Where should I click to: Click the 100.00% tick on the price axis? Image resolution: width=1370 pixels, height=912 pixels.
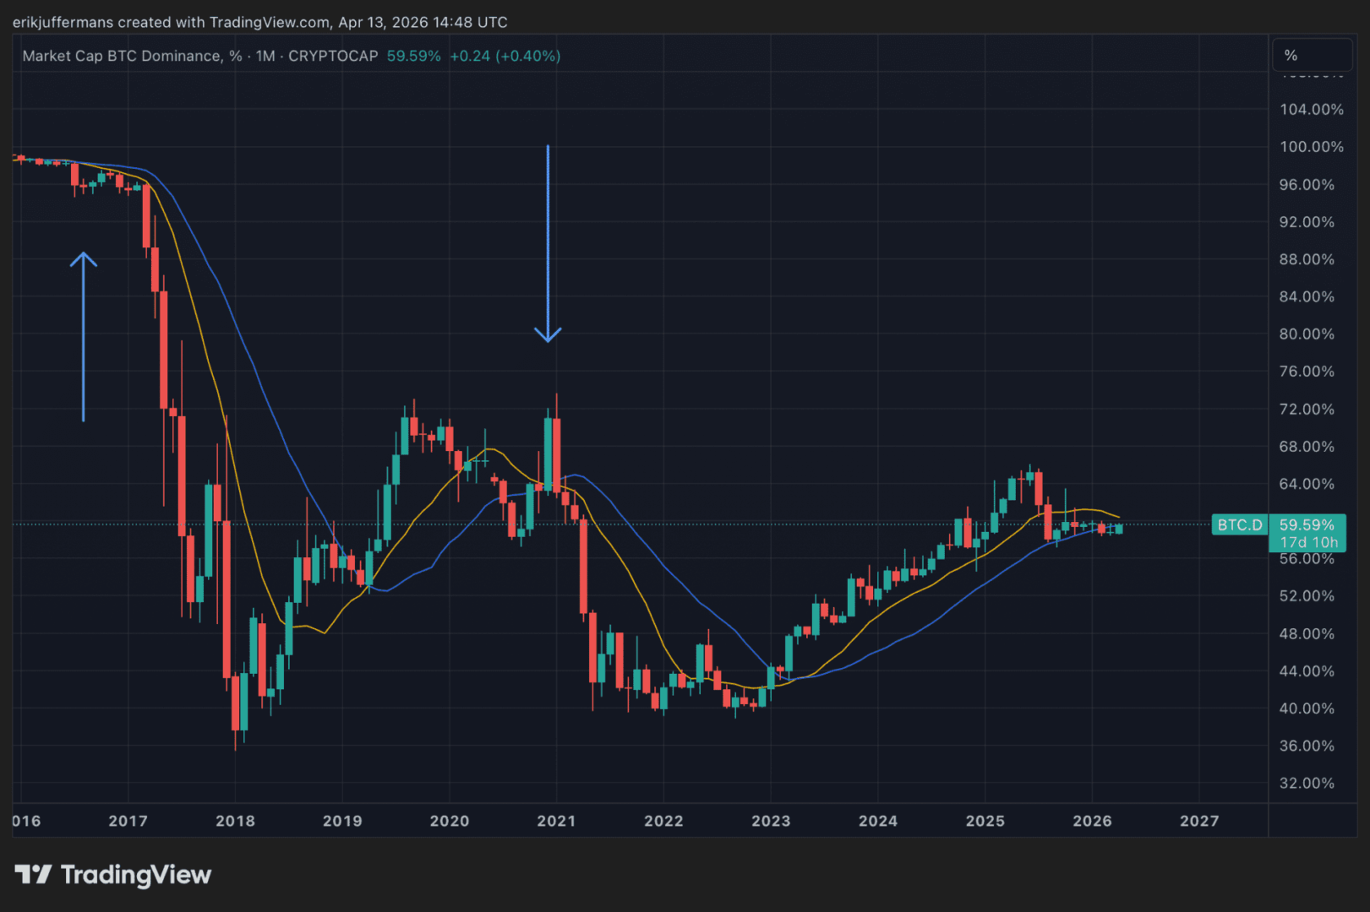(1311, 147)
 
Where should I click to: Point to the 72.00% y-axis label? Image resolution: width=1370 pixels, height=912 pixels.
(1307, 410)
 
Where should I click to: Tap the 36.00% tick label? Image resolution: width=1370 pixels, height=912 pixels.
(1307, 746)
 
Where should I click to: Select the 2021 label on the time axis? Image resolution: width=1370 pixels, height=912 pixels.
(556, 821)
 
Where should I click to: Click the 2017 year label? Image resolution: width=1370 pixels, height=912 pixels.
(128, 821)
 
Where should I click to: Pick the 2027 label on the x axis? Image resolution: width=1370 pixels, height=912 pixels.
(1199, 821)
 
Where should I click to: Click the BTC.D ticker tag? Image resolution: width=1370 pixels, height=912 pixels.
(1239, 525)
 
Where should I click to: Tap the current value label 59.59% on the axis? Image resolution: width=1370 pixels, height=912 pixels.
(1307, 525)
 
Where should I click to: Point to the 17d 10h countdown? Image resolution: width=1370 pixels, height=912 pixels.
(1308, 542)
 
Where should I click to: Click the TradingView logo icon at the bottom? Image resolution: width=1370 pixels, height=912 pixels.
(33, 874)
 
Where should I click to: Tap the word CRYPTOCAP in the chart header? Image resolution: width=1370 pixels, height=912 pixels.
(333, 56)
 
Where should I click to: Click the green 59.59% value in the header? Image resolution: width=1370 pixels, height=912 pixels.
(413, 56)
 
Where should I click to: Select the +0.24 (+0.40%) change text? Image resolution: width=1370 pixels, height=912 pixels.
(505, 56)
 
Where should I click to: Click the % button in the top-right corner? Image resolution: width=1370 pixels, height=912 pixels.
(1291, 56)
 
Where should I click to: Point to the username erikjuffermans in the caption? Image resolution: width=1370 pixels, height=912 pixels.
(63, 22)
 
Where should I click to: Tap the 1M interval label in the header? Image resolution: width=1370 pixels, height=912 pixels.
(265, 56)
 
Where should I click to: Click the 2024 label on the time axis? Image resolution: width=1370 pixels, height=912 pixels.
(877, 821)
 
